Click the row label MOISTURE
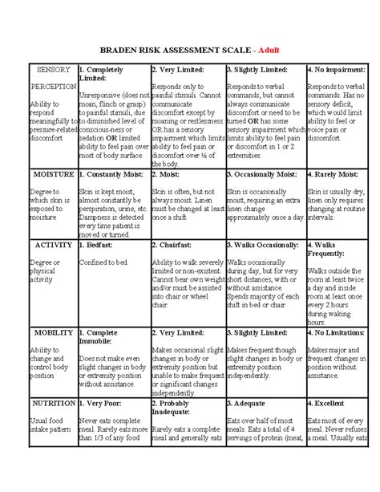click(x=54, y=173)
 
